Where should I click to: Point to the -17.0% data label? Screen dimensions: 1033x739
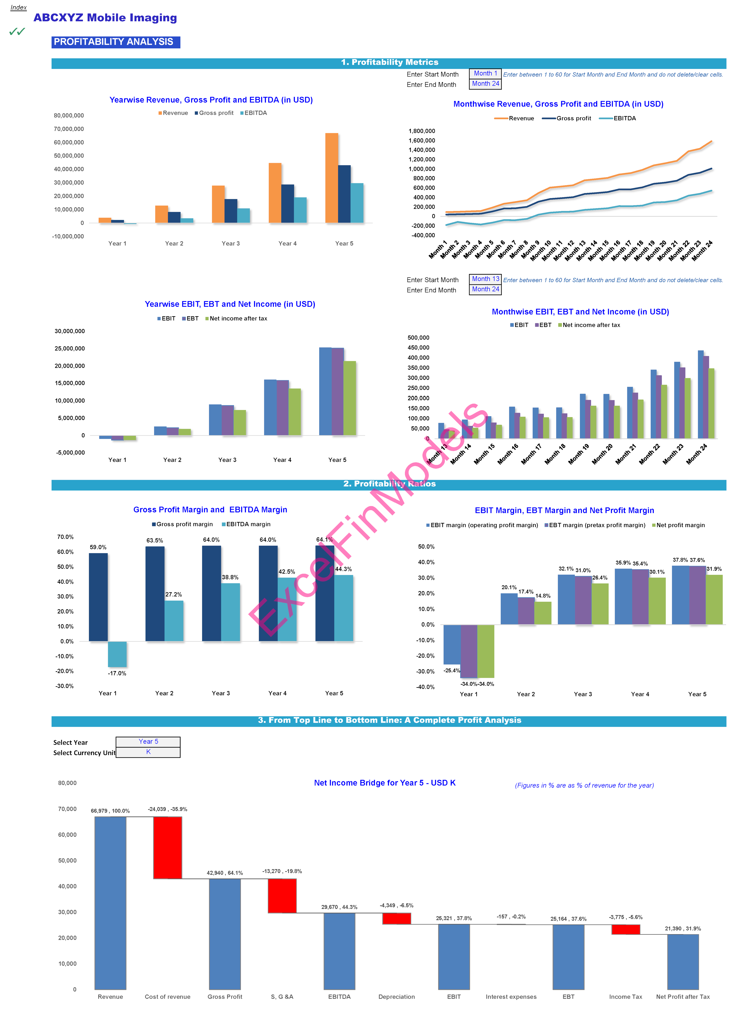click(117, 673)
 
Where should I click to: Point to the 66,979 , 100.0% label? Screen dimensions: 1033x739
click(110, 811)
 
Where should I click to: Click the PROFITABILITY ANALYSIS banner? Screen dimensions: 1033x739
click(116, 42)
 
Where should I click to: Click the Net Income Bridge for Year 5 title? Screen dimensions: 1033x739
click(385, 783)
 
